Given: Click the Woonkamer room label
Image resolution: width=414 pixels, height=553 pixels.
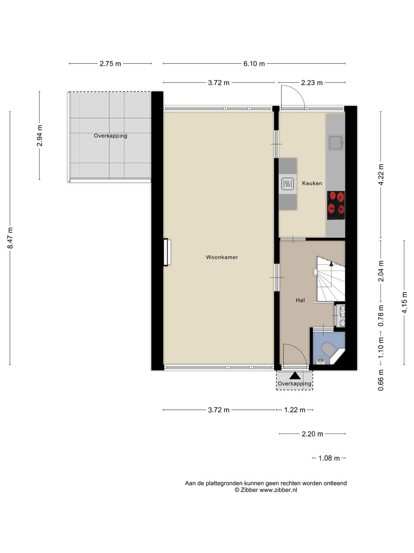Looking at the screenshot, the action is click(x=222, y=257).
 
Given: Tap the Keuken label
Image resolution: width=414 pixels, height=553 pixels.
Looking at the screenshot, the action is click(x=312, y=183).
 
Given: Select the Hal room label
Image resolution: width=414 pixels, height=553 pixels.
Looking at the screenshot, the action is click(x=300, y=300).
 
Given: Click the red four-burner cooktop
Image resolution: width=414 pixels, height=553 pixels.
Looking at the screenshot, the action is click(x=335, y=205).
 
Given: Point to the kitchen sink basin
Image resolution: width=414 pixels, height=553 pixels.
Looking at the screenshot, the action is click(x=335, y=143).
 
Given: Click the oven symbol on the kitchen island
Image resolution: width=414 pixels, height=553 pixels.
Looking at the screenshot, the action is click(x=287, y=184).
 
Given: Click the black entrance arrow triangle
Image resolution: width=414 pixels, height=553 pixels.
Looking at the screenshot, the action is click(x=295, y=376).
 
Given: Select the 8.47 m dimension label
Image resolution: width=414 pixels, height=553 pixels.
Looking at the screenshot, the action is click(x=10, y=238).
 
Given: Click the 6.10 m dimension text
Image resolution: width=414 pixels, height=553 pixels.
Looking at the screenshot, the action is click(x=254, y=64).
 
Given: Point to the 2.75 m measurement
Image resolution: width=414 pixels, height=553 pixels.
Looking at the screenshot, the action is click(x=110, y=64).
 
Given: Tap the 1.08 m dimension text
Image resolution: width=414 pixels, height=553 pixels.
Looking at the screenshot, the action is click(x=329, y=458).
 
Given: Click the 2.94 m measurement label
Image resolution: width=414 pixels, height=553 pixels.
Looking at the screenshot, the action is click(x=39, y=136).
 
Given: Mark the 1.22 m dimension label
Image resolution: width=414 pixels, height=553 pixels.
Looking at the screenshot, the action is click(x=295, y=410).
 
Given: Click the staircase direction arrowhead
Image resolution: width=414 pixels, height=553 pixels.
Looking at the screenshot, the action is click(x=331, y=264).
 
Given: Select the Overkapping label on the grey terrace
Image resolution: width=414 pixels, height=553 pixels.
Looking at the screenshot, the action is click(x=110, y=136).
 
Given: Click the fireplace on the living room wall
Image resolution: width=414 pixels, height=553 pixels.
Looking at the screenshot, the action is click(x=167, y=252).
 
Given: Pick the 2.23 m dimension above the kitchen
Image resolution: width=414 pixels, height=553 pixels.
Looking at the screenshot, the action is click(x=312, y=83).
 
